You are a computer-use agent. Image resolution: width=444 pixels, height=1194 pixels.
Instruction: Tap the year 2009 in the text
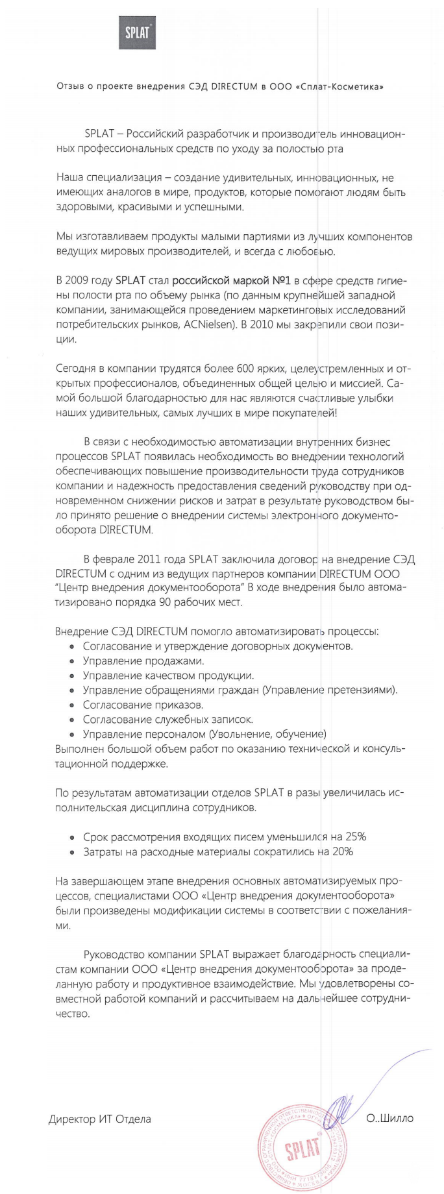[90, 280]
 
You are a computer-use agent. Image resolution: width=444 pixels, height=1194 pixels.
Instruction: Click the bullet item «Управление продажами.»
[143, 661]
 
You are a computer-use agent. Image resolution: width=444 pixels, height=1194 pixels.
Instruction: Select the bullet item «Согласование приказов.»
[143, 705]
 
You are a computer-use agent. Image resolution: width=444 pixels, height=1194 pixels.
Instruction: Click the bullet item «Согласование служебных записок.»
[168, 719]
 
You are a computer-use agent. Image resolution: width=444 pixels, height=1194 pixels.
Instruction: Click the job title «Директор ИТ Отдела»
[99, 1119]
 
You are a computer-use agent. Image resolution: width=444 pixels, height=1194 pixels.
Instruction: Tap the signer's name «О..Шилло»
[389, 1118]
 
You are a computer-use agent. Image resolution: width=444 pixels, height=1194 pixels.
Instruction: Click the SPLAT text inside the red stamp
[303, 1149]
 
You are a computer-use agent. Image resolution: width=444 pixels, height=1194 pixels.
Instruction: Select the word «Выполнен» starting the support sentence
[78, 749]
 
